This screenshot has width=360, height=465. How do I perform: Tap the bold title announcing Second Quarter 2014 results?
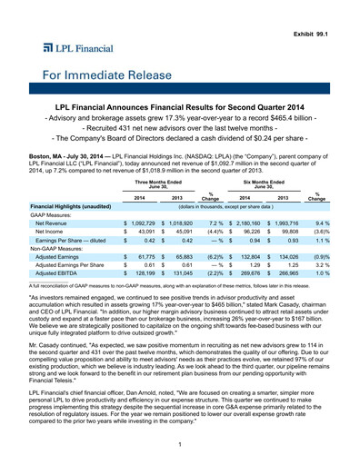point(180,108)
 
